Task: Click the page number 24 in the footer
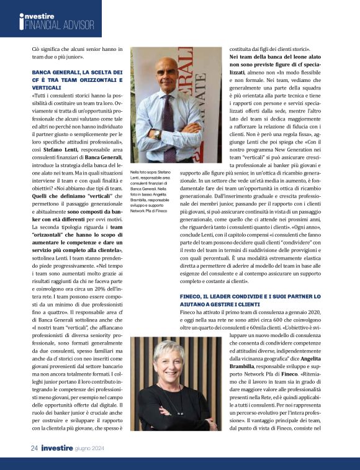[x=35, y=448]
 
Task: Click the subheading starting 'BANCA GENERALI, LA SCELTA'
[x=76, y=80]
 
